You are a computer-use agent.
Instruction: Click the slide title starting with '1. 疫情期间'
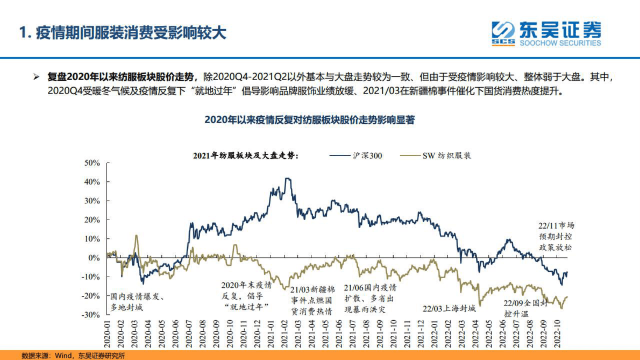(123, 33)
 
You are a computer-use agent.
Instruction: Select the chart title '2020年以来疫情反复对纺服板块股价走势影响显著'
(310, 120)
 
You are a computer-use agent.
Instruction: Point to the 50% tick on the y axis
(93, 163)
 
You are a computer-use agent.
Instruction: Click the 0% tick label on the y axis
(95, 258)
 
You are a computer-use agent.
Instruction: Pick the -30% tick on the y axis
(91, 315)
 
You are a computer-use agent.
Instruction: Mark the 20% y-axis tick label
(93, 220)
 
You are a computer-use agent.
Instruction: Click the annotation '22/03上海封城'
(449, 309)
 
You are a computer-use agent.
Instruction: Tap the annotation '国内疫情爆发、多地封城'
(137, 302)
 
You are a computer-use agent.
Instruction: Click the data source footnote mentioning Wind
(73, 355)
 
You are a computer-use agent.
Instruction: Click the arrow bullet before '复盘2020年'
(36, 77)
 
